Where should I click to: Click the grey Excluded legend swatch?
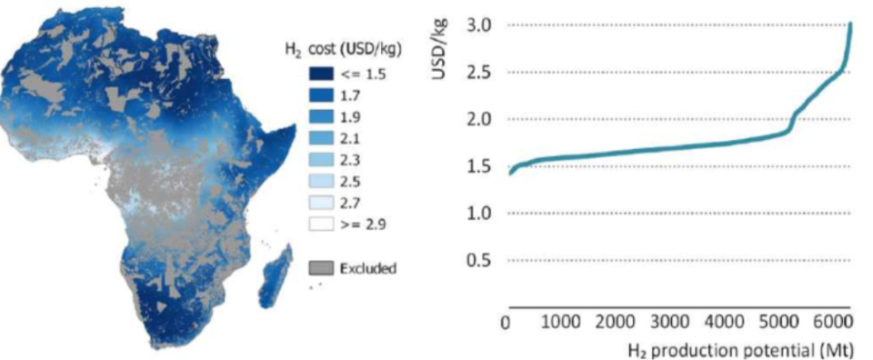click(x=320, y=268)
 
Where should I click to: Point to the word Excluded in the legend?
click(x=367, y=268)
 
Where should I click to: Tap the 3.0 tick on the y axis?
click(x=481, y=25)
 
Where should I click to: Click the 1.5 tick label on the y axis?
click(x=481, y=166)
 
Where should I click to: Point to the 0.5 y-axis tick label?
click(x=481, y=260)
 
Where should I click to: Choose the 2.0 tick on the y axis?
click(x=481, y=119)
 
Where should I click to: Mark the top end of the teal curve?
click(x=851, y=24)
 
